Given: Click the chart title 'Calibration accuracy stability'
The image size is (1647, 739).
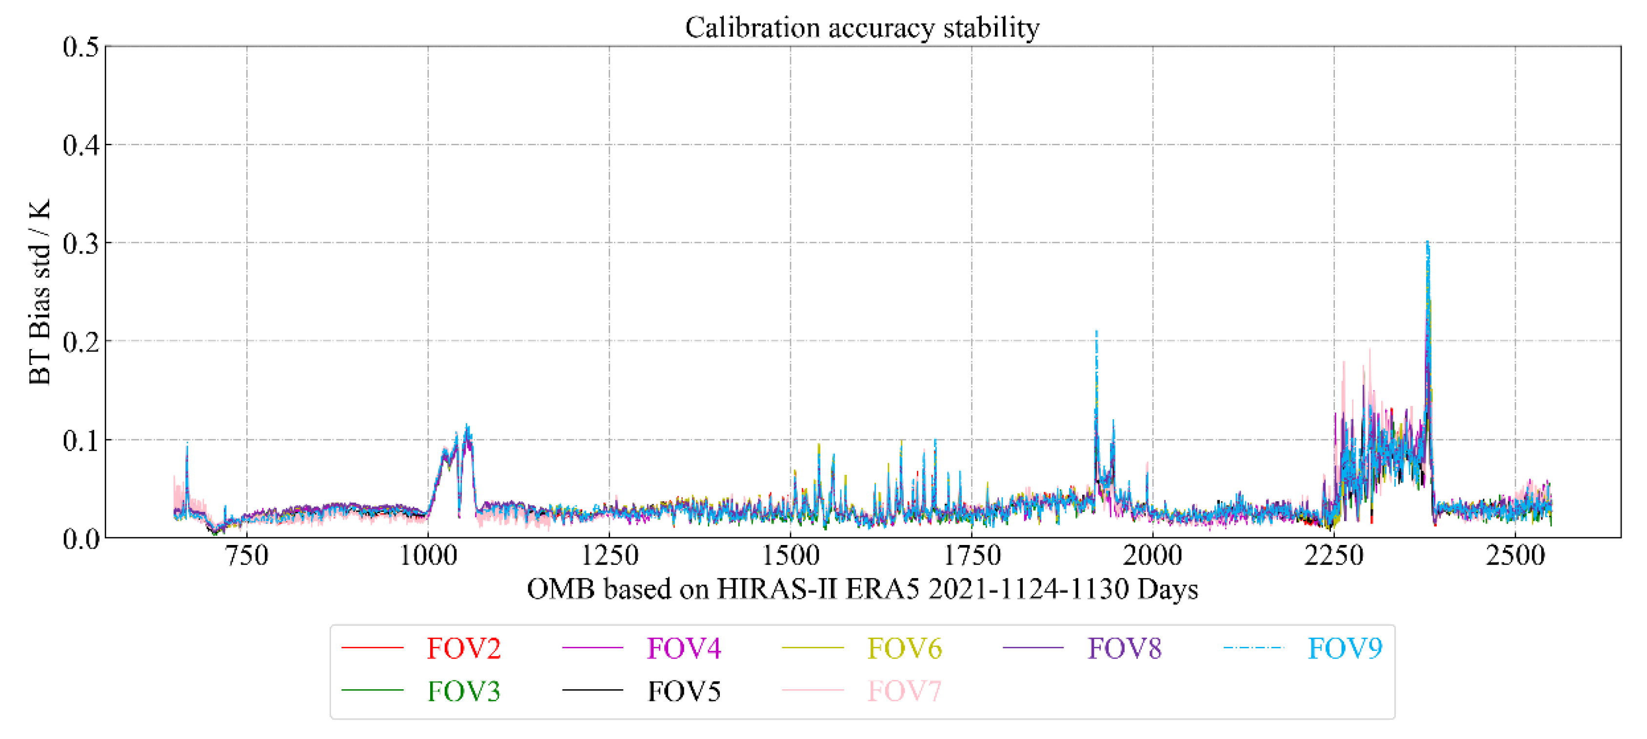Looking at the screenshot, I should [x=862, y=27].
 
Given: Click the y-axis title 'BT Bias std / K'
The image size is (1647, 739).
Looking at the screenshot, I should [x=40, y=292].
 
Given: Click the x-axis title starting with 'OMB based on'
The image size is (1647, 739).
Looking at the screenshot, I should [x=862, y=589].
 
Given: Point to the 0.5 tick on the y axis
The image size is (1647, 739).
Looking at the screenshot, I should [x=81, y=47].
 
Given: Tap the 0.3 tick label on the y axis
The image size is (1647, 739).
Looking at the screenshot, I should [x=81, y=244].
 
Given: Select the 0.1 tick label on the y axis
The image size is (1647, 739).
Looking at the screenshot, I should [x=81, y=441].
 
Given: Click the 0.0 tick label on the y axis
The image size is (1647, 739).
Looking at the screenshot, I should [x=81, y=539].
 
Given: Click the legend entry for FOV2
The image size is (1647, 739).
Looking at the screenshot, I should [x=463, y=648].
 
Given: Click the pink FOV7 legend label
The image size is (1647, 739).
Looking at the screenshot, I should [x=904, y=691].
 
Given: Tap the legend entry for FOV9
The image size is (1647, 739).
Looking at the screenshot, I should [x=1345, y=648].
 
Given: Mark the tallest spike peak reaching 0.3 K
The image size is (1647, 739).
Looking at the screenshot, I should [x=1428, y=243].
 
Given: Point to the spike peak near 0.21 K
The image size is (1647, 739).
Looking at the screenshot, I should [x=1096, y=332].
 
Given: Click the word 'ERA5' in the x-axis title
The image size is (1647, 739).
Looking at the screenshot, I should [x=882, y=589].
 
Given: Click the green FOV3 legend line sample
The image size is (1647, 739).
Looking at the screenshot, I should [x=372, y=690].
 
